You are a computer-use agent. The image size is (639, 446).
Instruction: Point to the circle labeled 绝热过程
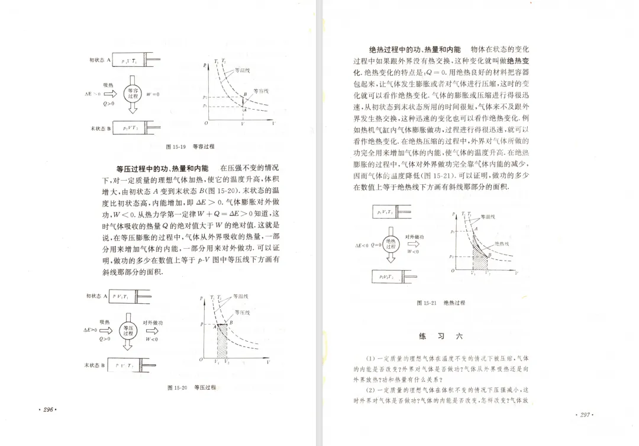(390, 243)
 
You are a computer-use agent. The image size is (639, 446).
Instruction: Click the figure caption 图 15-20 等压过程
(192, 387)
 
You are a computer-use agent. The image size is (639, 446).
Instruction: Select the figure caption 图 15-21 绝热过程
(441, 303)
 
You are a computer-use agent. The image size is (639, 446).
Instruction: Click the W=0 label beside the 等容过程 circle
(153, 94)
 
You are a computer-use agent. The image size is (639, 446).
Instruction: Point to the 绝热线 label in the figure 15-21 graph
(501, 243)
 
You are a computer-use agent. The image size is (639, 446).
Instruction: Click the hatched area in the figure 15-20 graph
(222, 341)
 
